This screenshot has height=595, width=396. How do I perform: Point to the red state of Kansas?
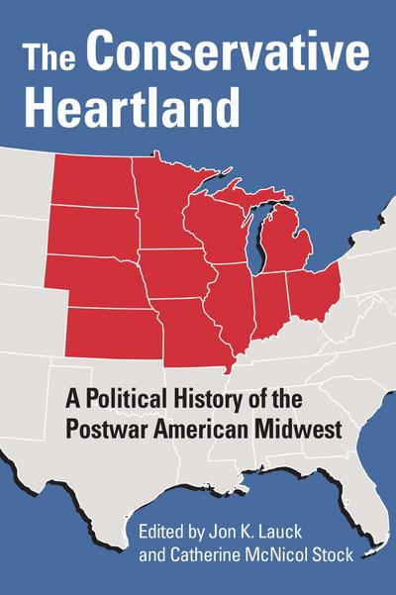coord(118,328)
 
